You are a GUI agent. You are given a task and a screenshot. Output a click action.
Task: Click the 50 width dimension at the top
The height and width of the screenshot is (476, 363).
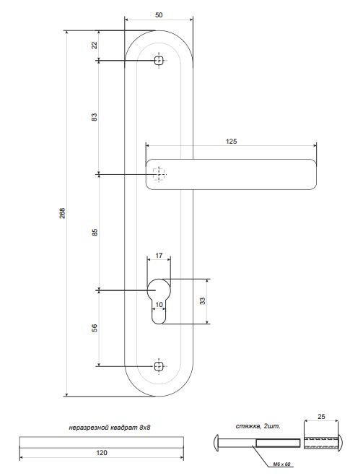[x=159, y=15]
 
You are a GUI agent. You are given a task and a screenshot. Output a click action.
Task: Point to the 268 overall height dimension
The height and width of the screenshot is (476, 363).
[x=62, y=213]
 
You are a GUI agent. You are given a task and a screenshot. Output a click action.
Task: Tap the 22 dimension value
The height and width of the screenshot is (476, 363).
[x=95, y=45]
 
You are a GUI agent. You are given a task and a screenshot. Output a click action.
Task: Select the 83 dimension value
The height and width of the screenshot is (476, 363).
[x=95, y=117]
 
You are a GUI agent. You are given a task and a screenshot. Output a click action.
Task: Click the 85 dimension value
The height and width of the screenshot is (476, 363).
[x=95, y=233]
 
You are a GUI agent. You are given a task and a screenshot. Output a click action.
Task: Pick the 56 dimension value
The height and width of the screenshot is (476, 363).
[x=95, y=328]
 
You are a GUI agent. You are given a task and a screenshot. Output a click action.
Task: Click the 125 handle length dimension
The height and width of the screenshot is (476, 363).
[x=232, y=141]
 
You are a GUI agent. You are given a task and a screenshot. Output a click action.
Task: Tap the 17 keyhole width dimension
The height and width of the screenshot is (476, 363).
[x=159, y=256]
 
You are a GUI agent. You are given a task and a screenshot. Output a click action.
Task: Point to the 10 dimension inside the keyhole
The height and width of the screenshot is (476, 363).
[x=159, y=305]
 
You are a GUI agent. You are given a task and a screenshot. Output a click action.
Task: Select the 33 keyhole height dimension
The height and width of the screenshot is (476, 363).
[x=202, y=300]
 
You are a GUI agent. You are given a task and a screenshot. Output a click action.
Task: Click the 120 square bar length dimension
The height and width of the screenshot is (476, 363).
[x=102, y=453]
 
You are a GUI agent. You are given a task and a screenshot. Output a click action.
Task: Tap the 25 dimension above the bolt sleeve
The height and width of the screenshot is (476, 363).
[x=321, y=417]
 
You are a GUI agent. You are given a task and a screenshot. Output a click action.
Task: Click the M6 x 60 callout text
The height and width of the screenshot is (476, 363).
[x=281, y=464]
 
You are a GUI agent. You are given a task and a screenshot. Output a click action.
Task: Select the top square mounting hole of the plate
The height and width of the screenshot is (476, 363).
[x=159, y=61]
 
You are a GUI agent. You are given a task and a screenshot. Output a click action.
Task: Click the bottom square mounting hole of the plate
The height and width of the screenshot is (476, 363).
[x=159, y=366]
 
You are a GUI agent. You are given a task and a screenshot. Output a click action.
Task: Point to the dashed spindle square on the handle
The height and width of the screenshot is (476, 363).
[x=159, y=174]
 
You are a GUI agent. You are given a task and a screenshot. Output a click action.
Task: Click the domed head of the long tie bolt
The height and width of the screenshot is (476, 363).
[x=217, y=443]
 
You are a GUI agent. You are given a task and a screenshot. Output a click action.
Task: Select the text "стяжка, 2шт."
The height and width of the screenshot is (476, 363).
[x=258, y=426]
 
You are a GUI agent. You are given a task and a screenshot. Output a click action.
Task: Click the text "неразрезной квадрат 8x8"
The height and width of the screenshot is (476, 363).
[x=110, y=428]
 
